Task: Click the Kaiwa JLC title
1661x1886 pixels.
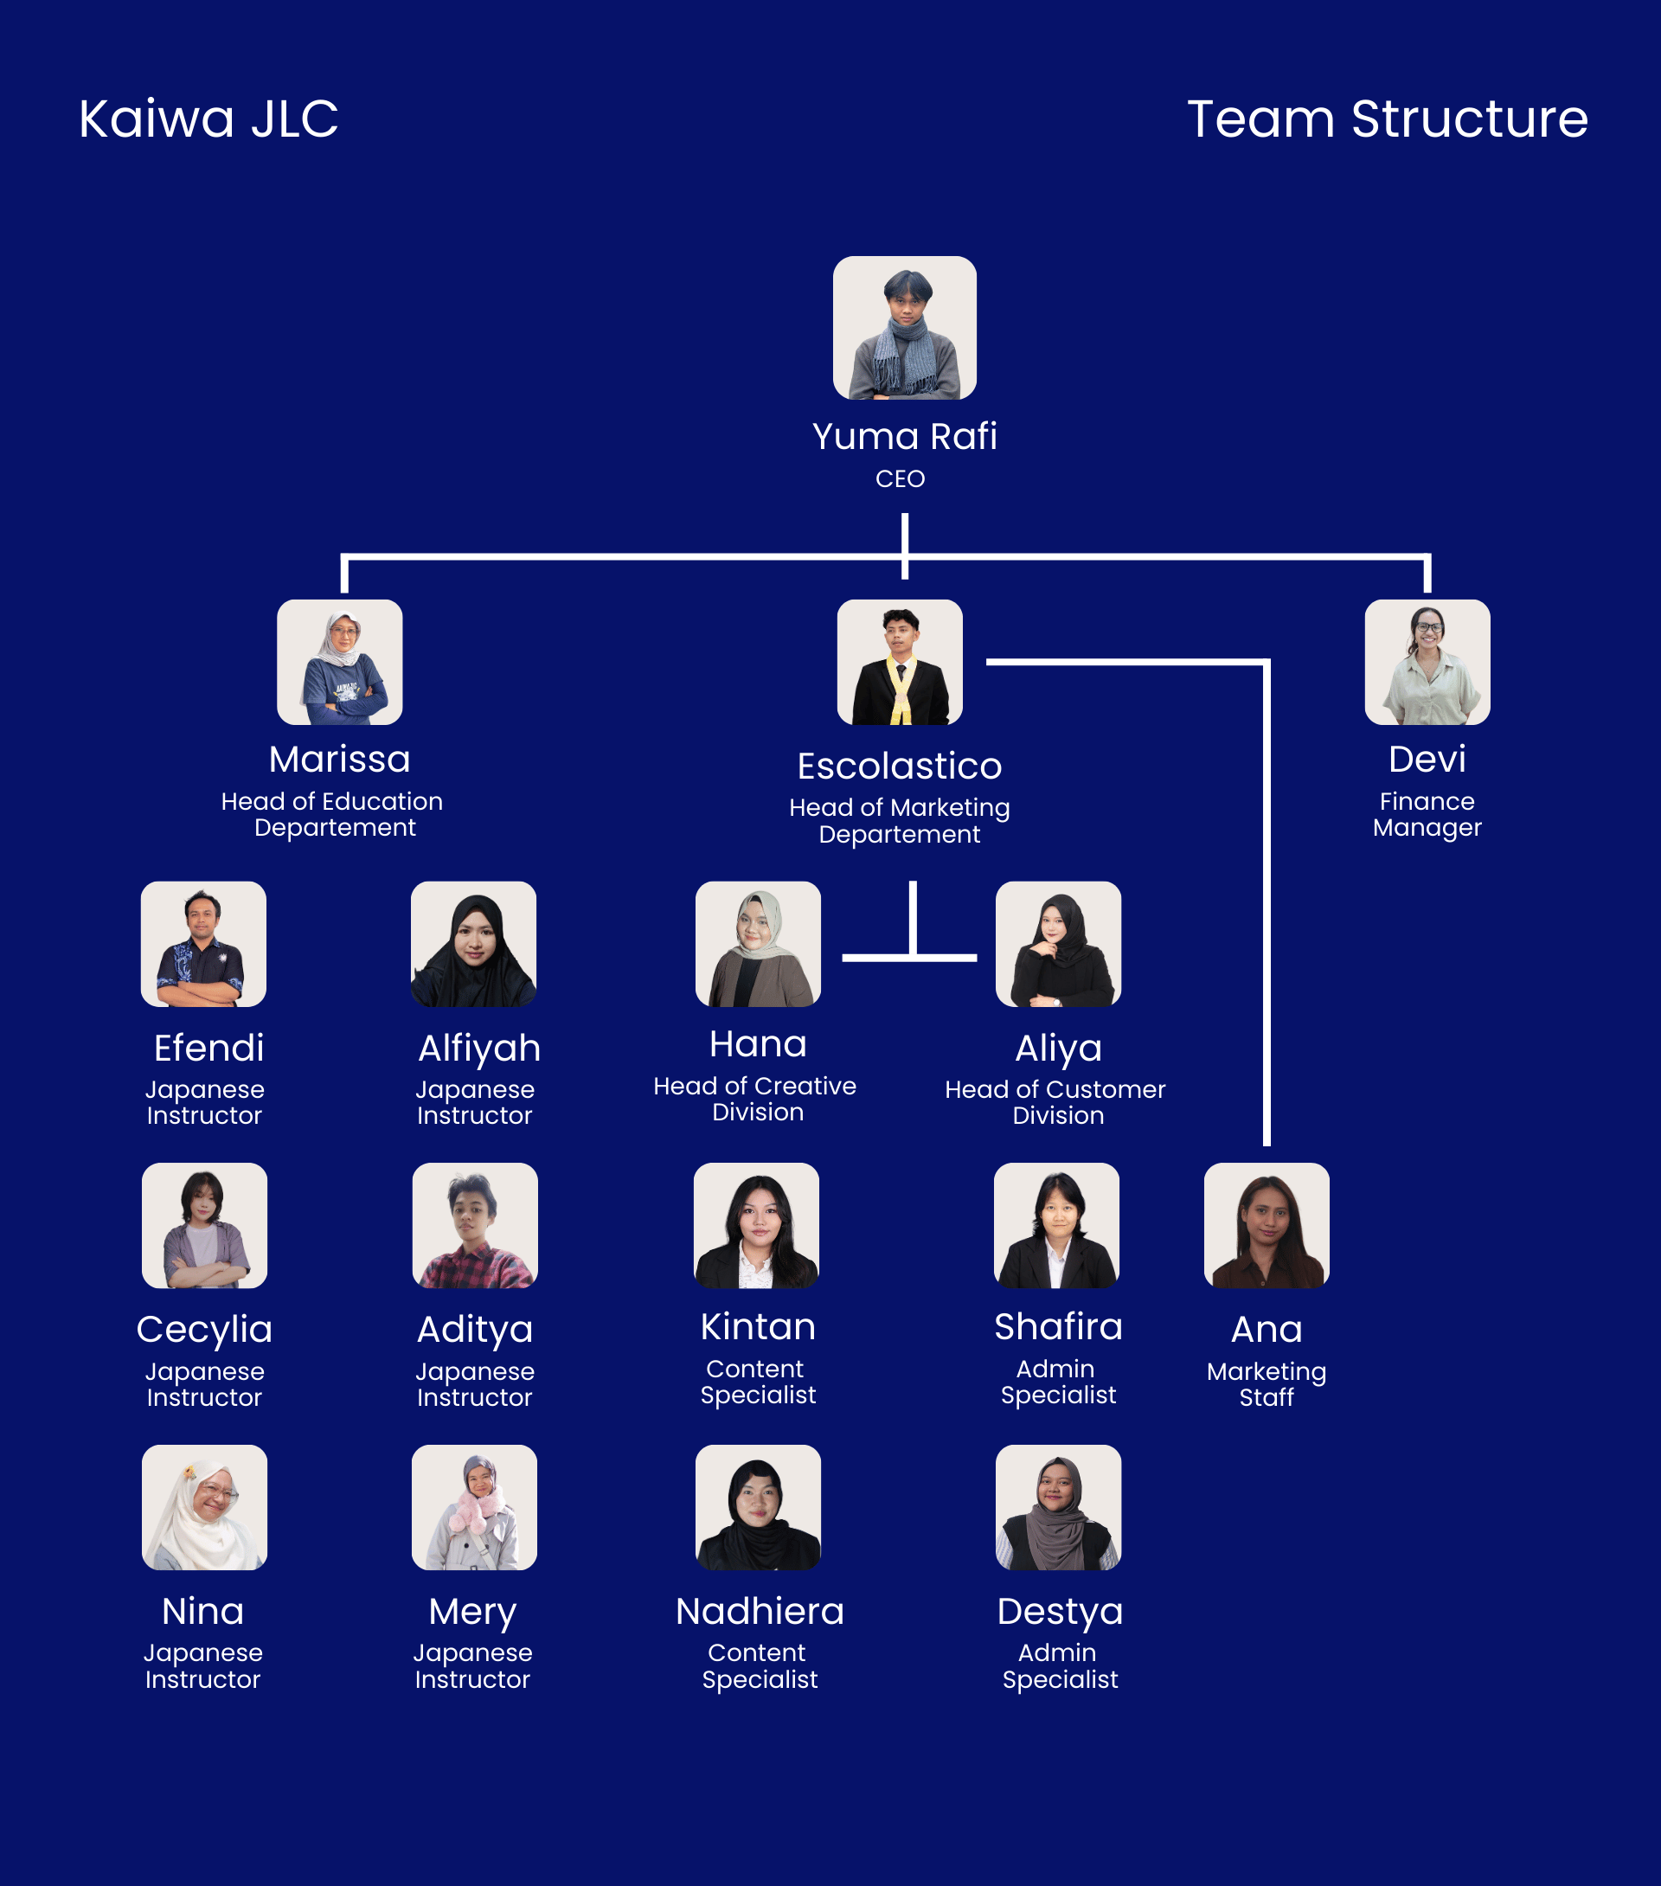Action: point(208,119)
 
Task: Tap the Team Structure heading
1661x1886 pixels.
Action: point(1387,119)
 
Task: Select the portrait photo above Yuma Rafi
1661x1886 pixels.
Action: point(904,328)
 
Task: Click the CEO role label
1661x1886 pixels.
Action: point(900,479)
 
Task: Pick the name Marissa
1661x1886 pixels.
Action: point(340,760)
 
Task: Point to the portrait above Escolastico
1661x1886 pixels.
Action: point(900,662)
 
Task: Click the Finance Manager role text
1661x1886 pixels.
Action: point(1427,814)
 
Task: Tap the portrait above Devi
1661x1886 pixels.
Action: point(1427,662)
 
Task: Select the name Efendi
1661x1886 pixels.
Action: point(208,1049)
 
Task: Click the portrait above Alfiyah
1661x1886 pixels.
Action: point(473,943)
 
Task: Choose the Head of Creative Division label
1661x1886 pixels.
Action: point(755,1099)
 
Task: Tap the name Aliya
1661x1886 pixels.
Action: point(1058,1049)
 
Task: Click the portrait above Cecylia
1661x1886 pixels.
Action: point(204,1225)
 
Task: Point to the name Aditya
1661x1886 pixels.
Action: point(474,1330)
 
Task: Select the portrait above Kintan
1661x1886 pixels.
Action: point(756,1225)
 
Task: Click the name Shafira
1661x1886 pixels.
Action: point(1058,1327)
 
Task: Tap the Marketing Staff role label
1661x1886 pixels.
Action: point(1266,1384)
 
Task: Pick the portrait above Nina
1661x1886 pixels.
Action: point(204,1507)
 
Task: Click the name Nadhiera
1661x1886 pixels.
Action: point(760,1612)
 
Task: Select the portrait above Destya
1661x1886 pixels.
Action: point(1058,1507)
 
